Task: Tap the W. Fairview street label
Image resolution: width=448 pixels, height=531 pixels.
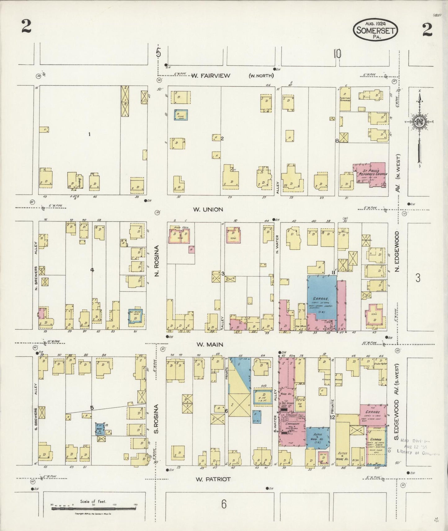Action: pos(211,76)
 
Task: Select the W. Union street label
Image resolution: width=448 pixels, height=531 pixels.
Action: pos(208,209)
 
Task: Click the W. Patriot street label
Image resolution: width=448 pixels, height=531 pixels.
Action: pos(213,479)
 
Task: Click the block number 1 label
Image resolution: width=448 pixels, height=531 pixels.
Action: pos(89,134)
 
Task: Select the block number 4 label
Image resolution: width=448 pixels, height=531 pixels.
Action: pos(92,270)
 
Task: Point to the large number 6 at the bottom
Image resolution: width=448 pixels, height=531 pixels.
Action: pos(223,504)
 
